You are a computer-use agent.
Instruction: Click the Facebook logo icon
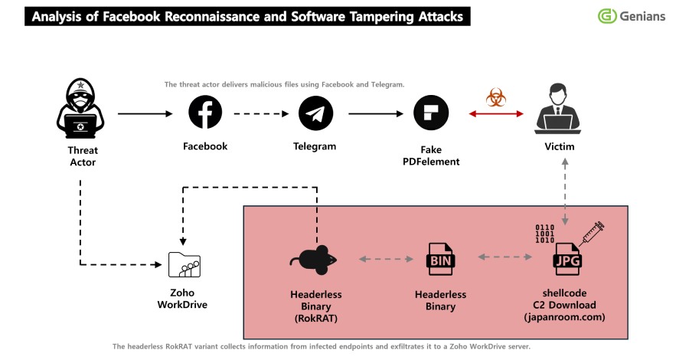point(205,113)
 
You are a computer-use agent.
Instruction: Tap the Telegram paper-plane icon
point(315,113)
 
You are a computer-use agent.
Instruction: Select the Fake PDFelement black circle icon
point(431,113)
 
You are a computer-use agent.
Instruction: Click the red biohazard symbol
point(496,97)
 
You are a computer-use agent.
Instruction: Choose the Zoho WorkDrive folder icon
point(184,265)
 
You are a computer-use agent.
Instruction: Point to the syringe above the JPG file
point(591,231)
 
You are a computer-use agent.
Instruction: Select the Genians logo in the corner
point(632,16)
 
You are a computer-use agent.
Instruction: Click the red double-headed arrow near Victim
point(496,114)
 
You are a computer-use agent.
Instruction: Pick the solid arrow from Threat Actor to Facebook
point(145,114)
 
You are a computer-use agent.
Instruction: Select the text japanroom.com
point(566,316)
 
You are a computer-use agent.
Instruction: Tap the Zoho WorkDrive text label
point(183,299)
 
